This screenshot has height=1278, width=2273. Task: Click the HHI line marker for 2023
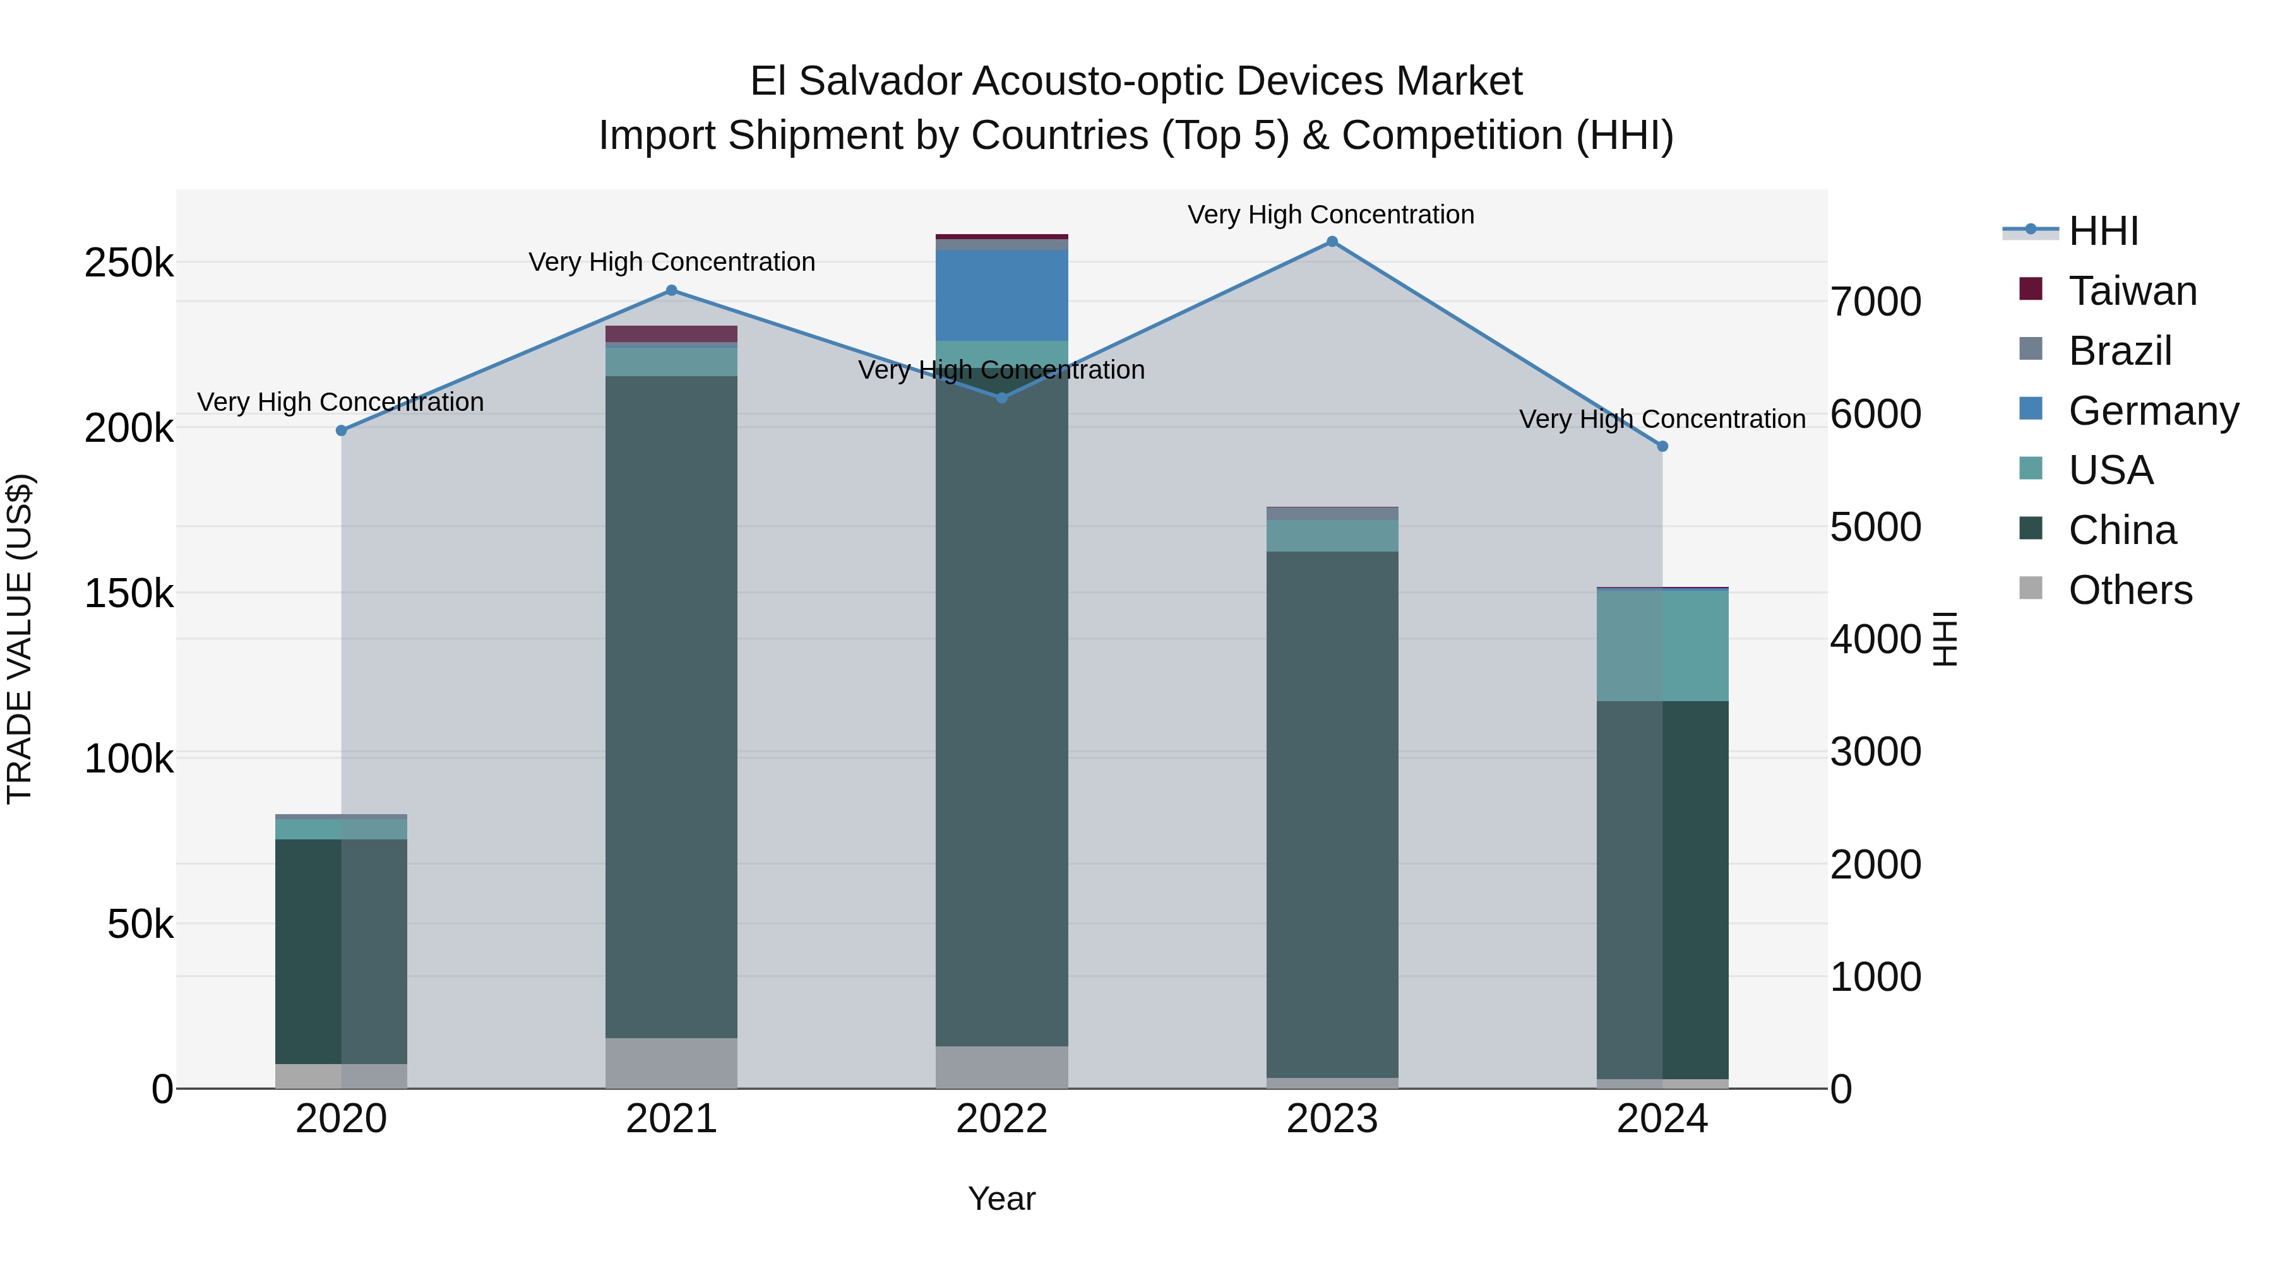click(x=1332, y=242)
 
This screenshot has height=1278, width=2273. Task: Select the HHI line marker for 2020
click(x=342, y=430)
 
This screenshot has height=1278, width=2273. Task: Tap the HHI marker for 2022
click(x=1001, y=398)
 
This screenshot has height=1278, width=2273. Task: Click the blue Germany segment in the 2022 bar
click(x=1001, y=295)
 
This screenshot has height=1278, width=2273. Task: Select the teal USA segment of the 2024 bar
click(x=1662, y=645)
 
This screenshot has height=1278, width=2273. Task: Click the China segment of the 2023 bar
click(x=1332, y=812)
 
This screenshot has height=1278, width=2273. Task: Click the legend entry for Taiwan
click(x=2131, y=291)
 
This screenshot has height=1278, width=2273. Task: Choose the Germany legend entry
click(x=2152, y=411)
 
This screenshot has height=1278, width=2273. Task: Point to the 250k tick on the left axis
click(x=129, y=263)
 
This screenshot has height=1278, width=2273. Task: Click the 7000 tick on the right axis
click(x=1875, y=302)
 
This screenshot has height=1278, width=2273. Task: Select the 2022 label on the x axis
click(x=1001, y=1119)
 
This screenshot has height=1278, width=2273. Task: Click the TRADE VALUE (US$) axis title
click(x=20, y=639)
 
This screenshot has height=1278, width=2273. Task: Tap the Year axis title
click(x=1001, y=1198)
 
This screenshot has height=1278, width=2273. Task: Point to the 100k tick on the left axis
click(x=129, y=759)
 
